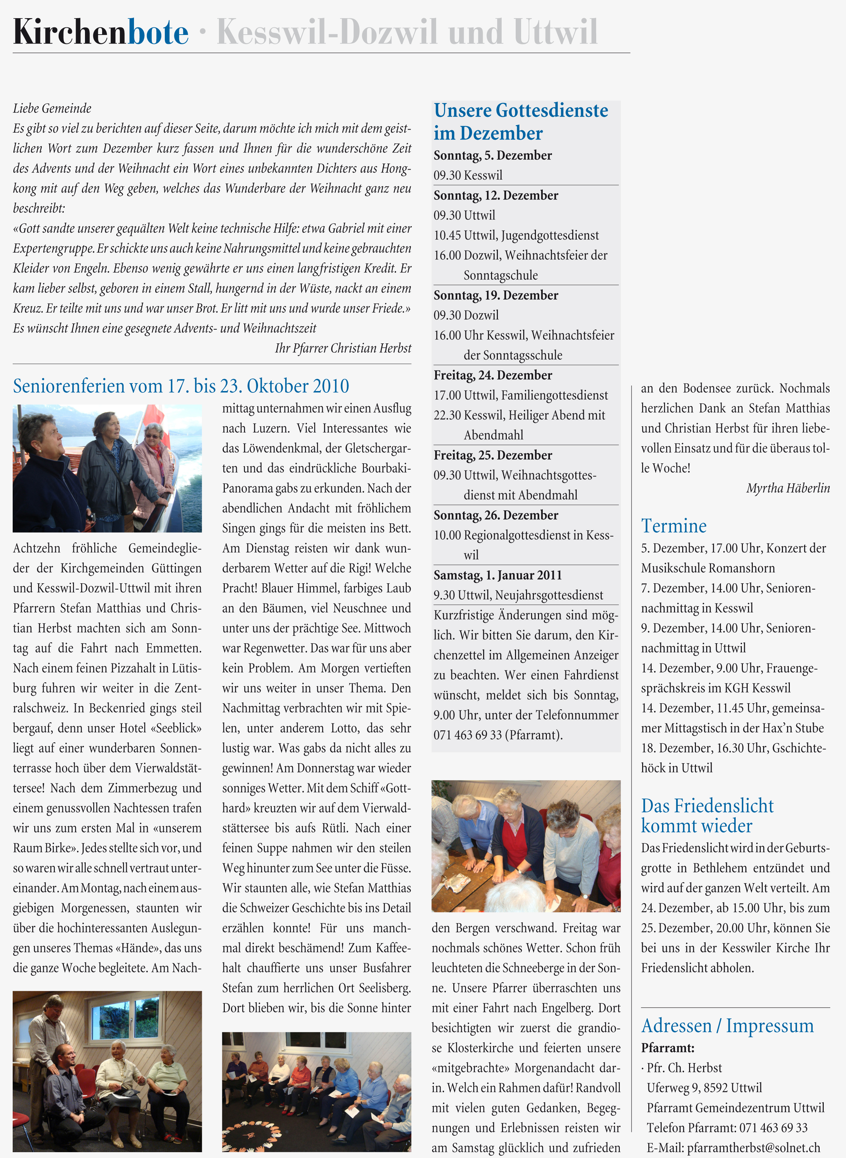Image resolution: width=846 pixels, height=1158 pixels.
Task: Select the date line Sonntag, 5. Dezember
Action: click(x=493, y=155)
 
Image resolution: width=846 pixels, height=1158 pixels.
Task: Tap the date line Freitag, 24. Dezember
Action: click(x=493, y=375)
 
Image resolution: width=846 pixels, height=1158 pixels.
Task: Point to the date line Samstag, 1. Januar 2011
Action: click(x=497, y=575)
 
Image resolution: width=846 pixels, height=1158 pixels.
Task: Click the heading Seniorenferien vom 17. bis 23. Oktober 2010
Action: click(x=181, y=386)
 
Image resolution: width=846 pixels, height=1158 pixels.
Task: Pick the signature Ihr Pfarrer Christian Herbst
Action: click(x=343, y=348)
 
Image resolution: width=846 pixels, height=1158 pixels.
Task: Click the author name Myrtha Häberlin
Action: click(x=788, y=488)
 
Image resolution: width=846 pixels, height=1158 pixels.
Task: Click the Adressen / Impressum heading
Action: click(x=727, y=1026)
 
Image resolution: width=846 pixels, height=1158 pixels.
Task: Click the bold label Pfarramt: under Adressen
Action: click(x=667, y=1048)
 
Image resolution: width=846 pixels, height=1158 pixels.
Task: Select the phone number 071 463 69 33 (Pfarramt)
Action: click(x=498, y=735)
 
